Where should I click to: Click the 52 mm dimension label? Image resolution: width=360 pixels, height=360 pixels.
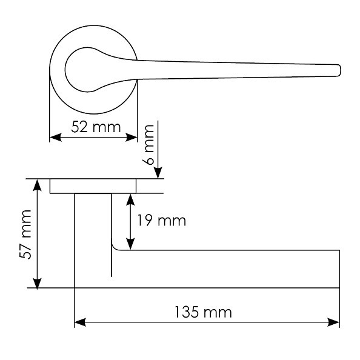tap(96, 127)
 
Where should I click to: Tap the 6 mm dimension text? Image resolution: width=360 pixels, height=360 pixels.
tap(148, 145)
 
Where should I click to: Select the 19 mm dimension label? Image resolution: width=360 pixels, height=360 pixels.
tap(161, 221)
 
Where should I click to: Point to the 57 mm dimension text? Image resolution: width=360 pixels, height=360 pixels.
tap(25, 235)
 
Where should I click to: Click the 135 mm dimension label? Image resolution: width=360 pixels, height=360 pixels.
tap(203, 312)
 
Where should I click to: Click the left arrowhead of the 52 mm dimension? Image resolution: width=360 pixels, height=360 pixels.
tap(56, 138)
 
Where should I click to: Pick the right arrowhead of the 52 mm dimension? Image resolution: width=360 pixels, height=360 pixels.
tap(132, 138)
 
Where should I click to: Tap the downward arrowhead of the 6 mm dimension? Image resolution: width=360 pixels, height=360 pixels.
tap(158, 173)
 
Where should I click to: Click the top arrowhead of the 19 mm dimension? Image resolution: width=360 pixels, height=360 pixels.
tap(130, 199)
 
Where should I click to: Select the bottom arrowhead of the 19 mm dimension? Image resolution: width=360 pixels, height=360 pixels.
tap(130, 244)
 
